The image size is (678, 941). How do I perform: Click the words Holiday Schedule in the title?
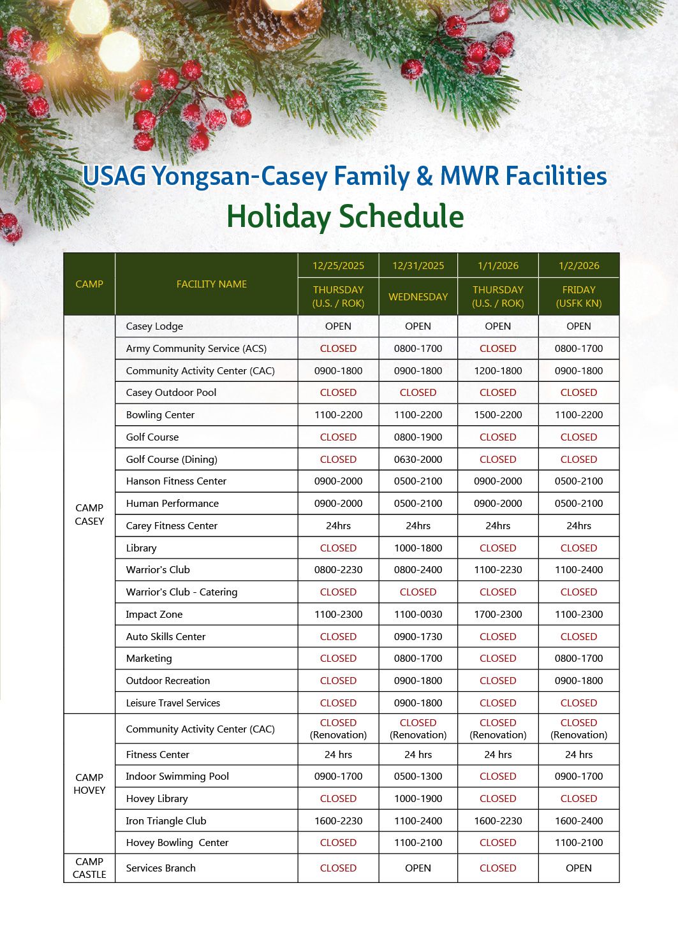pyautogui.click(x=345, y=217)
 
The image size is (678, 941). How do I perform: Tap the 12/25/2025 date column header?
pyautogui.click(x=338, y=266)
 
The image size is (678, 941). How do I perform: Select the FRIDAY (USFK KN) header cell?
pyautogui.click(x=579, y=296)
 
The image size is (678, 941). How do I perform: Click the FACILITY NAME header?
pyautogui.click(x=212, y=284)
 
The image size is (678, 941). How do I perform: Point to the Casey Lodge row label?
pyautogui.click(x=154, y=326)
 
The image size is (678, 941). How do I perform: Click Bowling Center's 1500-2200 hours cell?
pyautogui.click(x=497, y=415)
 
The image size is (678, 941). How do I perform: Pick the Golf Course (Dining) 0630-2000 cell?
pyautogui.click(x=418, y=460)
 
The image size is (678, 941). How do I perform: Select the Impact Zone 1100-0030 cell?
pyautogui.click(x=418, y=615)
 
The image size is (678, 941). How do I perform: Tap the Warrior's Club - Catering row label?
pyautogui.click(x=182, y=592)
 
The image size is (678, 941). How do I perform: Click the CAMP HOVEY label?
pyautogui.click(x=89, y=784)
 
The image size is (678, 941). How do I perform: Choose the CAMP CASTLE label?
pyautogui.click(x=89, y=868)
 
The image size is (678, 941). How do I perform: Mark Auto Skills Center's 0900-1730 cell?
pyautogui.click(x=418, y=637)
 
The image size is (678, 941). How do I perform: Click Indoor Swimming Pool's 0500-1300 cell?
pyautogui.click(x=418, y=777)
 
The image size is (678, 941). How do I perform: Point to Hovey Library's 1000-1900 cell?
pyautogui.click(x=418, y=799)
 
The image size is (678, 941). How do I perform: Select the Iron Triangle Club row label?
pyautogui.click(x=166, y=821)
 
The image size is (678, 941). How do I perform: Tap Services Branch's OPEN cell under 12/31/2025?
pyautogui.click(x=418, y=868)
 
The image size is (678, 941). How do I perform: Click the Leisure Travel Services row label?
pyautogui.click(x=173, y=703)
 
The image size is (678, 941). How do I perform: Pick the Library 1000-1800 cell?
pyautogui.click(x=418, y=548)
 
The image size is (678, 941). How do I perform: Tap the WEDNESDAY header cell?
pyautogui.click(x=418, y=296)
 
